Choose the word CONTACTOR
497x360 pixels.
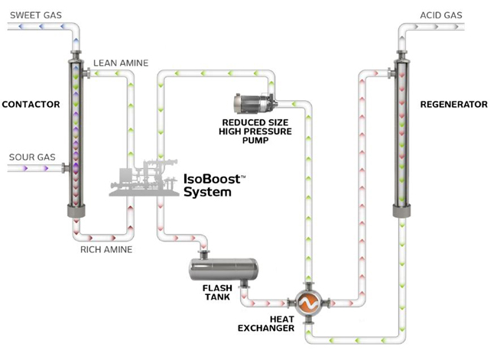(x=31, y=104)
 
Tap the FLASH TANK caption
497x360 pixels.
(x=217, y=294)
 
